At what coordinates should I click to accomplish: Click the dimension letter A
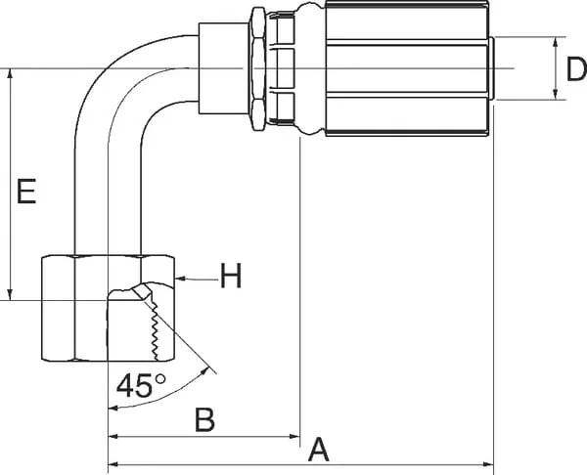click(319, 449)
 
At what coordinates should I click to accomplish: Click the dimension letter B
click(205, 419)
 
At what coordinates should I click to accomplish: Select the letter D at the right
click(576, 69)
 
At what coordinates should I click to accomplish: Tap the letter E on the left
click(26, 192)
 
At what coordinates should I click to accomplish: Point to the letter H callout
click(231, 276)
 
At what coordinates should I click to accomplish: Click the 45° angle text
click(141, 385)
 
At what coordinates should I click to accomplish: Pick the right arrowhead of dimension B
click(295, 436)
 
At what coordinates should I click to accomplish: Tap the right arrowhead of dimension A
click(488, 464)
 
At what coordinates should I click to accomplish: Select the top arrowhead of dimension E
click(11, 74)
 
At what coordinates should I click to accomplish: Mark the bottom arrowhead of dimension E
click(11, 295)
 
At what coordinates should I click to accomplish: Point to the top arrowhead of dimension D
click(556, 42)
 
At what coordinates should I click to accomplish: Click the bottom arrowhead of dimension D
click(556, 95)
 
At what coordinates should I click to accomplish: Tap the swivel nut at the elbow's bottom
click(108, 308)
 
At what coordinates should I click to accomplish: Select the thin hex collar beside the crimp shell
click(258, 68)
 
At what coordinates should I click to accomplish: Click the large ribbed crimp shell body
click(407, 68)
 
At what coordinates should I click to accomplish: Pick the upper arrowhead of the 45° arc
click(204, 371)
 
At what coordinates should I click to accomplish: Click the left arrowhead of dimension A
click(113, 464)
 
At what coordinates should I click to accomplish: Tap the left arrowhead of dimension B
click(113, 436)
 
